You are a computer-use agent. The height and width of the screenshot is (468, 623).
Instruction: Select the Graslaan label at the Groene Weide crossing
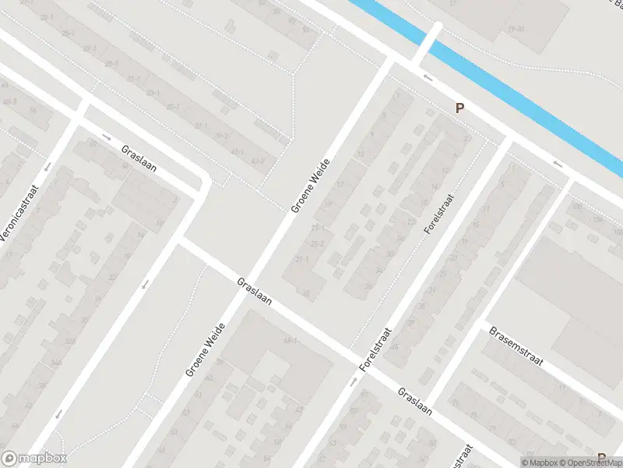254,291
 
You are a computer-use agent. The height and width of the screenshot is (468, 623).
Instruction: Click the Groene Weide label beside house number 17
311,186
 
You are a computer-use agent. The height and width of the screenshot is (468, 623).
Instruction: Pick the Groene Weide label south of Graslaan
206,350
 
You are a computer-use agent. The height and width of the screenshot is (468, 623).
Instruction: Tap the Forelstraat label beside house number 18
438,213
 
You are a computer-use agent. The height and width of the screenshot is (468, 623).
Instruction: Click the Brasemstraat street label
515,347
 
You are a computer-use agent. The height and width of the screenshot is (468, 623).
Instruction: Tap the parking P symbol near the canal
459,108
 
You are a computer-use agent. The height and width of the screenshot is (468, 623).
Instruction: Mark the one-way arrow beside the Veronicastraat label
47,166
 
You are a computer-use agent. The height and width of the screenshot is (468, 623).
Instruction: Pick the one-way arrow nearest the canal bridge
428,76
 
